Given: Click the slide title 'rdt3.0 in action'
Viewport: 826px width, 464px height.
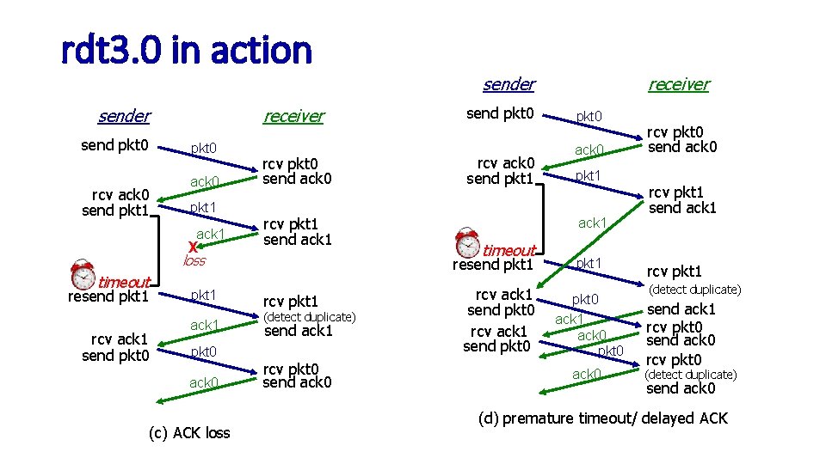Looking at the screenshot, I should pyautogui.click(x=186, y=51).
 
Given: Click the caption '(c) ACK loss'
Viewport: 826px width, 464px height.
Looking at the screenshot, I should pyautogui.click(x=189, y=432).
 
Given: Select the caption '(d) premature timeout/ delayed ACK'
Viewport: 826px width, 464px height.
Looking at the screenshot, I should pyautogui.click(x=602, y=418).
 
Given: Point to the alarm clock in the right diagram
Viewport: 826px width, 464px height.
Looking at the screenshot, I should pyautogui.click(x=469, y=241).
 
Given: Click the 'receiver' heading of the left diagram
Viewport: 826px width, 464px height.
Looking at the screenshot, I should pyautogui.click(x=293, y=116).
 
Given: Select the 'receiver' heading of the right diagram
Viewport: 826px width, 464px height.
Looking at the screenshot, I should pyautogui.click(x=678, y=84).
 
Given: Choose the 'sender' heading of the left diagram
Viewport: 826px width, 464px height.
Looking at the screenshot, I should pyautogui.click(x=124, y=116).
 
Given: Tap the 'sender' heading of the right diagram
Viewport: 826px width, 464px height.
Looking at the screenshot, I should pyautogui.click(x=509, y=84).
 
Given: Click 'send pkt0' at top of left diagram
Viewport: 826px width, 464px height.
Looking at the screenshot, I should pyautogui.click(x=115, y=145).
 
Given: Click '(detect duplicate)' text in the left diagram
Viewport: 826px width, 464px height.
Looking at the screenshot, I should pyautogui.click(x=308, y=317).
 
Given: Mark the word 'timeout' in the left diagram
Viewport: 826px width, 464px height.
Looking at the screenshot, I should pyautogui.click(x=124, y=282).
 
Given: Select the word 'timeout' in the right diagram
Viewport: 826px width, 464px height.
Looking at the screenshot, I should pyautogui.click(x=509, y=250).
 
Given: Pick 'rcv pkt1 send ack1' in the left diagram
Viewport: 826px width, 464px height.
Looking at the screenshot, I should pyautogui.click(x=297, y=232).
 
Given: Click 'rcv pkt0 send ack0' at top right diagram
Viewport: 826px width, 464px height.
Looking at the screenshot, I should pyautogui.click(x=681, y=140).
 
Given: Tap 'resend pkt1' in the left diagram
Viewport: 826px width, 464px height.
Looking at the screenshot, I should pyautogui.click(x=108, y=297).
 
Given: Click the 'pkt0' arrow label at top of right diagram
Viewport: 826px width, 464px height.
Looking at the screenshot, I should pyautogui.click(x=589, y=116).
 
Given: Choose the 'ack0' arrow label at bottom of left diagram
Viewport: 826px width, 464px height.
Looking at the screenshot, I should pyautogui.click(x=204, y=382).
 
